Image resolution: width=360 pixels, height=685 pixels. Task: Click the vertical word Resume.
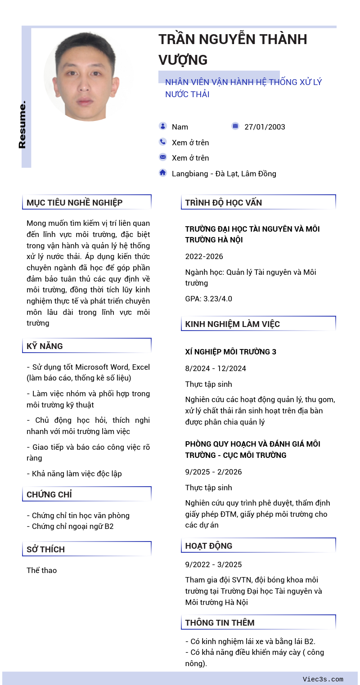tap(22, 125)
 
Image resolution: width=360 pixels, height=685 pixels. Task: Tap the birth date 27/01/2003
tap(265, 127)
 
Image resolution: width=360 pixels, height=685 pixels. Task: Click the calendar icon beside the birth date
tap(235, 126)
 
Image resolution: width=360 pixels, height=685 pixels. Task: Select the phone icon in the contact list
tap(162, 142)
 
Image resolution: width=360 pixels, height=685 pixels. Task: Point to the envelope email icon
tap(162, 157)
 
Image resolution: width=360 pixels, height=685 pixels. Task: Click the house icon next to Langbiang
tap(162, 172)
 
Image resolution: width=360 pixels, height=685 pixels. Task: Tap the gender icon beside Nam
tap(162, 126)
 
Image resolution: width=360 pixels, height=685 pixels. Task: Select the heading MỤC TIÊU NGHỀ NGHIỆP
tap(74, 202)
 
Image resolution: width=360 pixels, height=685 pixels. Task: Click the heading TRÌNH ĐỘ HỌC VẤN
tap(223, 202)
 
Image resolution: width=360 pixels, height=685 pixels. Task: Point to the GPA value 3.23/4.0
tap(209, 299)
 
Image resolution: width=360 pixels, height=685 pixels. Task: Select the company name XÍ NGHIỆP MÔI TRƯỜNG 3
tap(230, 352)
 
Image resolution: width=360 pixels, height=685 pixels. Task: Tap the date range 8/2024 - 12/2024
tap(216, 368)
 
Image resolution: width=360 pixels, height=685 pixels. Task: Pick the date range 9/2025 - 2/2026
tap(213, 472)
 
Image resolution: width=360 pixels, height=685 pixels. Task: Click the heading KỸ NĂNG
tap(45, 346)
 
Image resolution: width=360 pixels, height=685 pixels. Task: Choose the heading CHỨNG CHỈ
tap(49, 494)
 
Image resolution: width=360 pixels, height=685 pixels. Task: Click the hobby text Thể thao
tap(41, 570)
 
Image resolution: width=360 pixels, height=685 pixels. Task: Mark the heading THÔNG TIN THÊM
tap(220, 622)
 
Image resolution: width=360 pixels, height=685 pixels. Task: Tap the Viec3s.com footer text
tap(323, 679)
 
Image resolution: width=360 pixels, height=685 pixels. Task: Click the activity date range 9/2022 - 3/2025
tap(213, 564)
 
